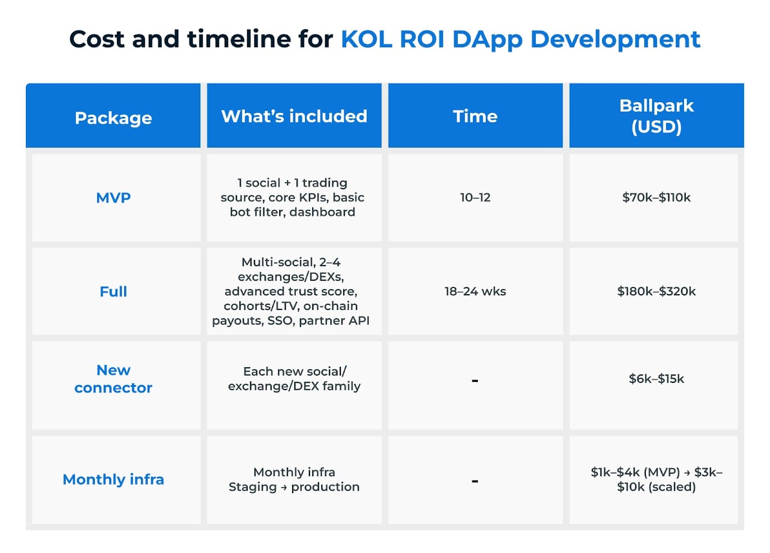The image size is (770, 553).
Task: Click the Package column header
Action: coord(113,118)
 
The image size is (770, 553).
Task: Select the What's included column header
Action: coord(294,116)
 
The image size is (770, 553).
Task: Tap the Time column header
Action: coord(475,116)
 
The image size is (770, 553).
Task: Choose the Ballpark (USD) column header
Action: coord(656,116)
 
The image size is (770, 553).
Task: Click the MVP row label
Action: coord(113,198)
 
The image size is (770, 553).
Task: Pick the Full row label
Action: coord(113,291)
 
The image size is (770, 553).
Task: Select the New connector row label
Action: coord(113,379)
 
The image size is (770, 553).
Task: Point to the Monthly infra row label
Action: coord(113,479)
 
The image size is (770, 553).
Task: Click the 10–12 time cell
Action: coord(475,198)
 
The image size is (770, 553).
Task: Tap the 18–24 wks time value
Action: coord(475,291)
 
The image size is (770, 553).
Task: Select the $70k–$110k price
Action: coord(656,198)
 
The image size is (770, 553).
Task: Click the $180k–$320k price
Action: coord(656,291)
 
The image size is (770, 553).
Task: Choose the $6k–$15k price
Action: coord(656,379)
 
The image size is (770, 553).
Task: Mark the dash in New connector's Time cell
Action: coord(475,381)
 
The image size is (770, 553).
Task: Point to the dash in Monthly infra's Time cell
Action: coord(475,481)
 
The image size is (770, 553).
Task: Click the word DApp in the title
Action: coord(487,40)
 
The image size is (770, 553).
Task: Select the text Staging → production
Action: coord(294,487)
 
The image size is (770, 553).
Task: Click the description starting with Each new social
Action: coord(294,379)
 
